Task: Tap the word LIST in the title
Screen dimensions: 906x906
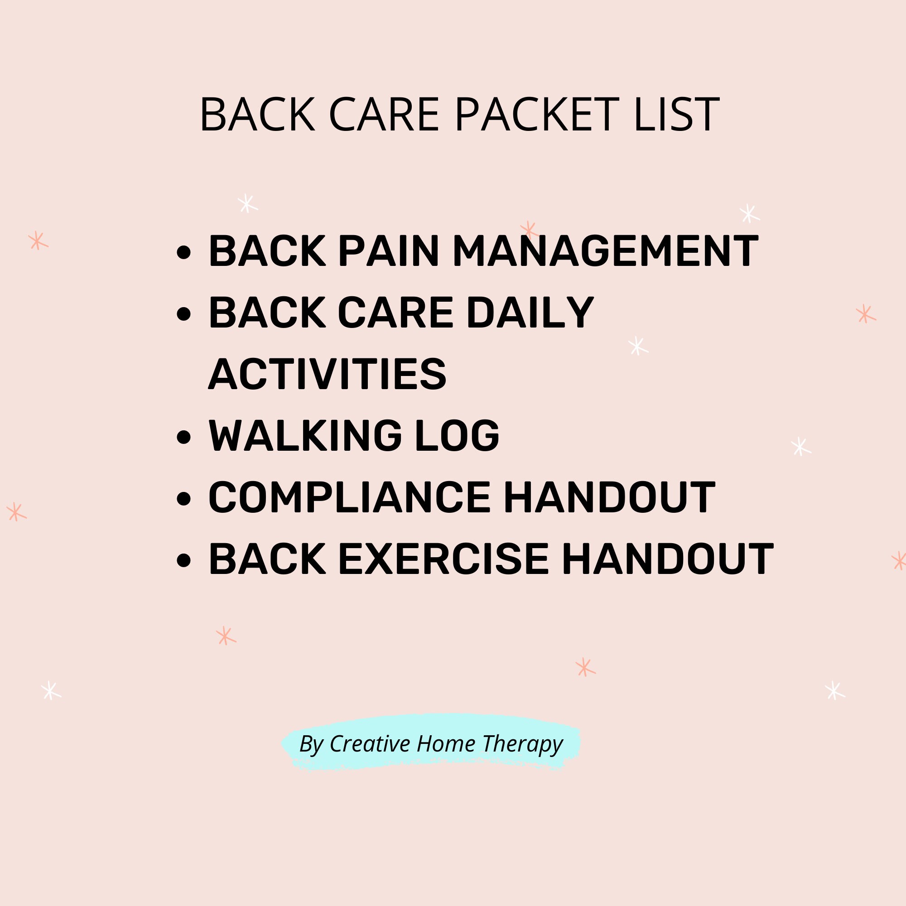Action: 676,115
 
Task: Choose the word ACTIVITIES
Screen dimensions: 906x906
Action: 328,374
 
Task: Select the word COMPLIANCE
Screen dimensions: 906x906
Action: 349,497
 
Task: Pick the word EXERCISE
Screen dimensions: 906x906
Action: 443,559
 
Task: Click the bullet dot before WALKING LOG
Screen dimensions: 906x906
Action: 184,437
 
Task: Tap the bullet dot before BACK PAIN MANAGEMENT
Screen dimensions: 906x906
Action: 184,252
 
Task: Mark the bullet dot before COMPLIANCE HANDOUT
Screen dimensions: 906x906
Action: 184,498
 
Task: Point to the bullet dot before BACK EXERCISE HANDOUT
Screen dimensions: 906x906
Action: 184,560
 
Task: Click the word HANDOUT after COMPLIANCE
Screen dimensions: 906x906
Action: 609,497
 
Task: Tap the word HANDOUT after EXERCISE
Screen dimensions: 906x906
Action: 668,559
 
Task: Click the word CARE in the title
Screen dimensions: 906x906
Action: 384,115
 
